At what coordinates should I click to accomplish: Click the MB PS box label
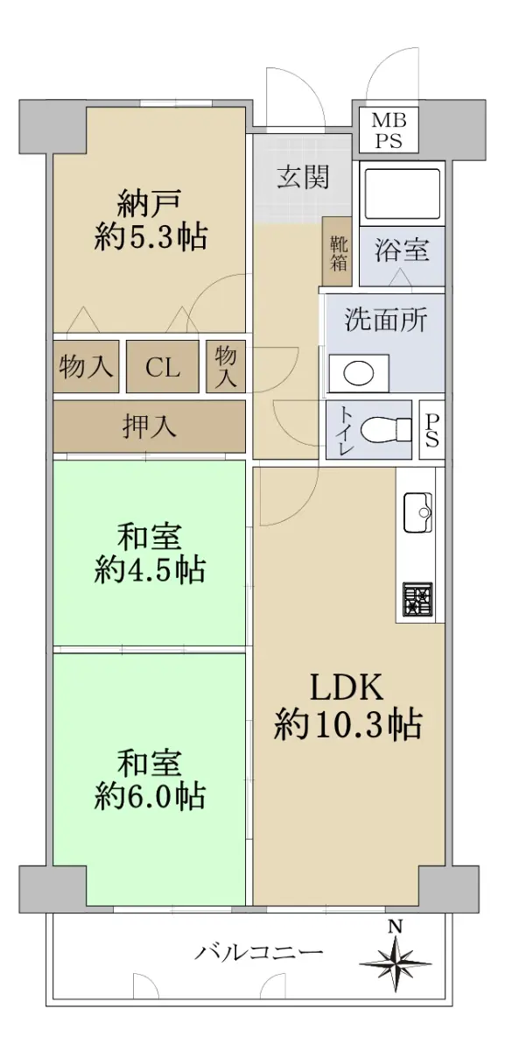point(389,130)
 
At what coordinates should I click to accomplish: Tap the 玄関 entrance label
point(303,177)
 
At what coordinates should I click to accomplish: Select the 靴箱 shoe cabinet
point(337,252)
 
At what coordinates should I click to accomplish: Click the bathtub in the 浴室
point(402,193)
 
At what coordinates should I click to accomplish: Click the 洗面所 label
point(386,320)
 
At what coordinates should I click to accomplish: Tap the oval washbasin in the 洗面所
point(359,373)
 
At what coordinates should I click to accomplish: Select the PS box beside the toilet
point(431,429)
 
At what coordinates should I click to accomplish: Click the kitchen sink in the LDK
point(417,512)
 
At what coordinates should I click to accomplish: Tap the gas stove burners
point(417,600)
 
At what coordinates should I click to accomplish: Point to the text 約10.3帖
point(348,725)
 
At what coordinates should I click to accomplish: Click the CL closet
point(162,367)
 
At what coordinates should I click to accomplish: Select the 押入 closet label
point(149,426)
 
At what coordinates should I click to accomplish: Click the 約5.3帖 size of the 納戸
point(151,237)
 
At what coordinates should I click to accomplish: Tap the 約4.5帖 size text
point(150,569)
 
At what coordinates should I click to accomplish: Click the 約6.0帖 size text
point(150,796)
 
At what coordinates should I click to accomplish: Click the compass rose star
point(396,963)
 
